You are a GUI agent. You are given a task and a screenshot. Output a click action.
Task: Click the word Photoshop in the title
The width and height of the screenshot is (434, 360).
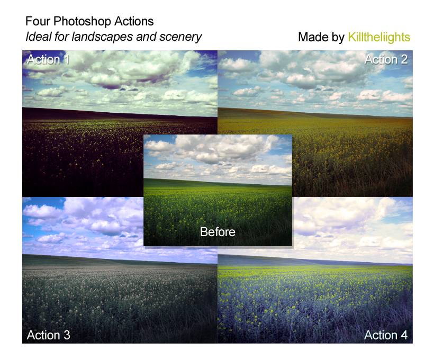click(82, 22)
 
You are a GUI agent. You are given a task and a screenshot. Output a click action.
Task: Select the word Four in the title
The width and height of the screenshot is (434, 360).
click(38, 21)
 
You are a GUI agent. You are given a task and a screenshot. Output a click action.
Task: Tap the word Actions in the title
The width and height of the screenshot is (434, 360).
click(134, 21)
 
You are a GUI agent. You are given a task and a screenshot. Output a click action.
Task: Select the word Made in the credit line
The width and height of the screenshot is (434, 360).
click(312, 37)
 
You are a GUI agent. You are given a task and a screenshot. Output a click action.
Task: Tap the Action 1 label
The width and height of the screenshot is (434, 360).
click(48, 59)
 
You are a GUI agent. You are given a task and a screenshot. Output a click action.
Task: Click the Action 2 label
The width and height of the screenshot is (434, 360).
click(386, 59)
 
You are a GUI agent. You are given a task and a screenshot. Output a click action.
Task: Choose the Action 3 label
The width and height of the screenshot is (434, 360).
click(49, 335)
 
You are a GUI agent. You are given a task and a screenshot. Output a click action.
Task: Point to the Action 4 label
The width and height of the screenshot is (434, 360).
click(386, 335)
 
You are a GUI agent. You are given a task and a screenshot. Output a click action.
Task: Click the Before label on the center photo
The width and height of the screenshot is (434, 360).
click(218, 232)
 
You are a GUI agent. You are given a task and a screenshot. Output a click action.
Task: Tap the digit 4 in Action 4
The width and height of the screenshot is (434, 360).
click(404, 335)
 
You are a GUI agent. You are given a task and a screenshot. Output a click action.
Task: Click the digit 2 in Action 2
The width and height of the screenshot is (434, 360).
click(404, 59)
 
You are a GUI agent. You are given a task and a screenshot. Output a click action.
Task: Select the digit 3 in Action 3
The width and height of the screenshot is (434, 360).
click(67, 335)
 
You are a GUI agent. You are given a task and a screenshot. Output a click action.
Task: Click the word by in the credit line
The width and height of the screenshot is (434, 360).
click(337, 38)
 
